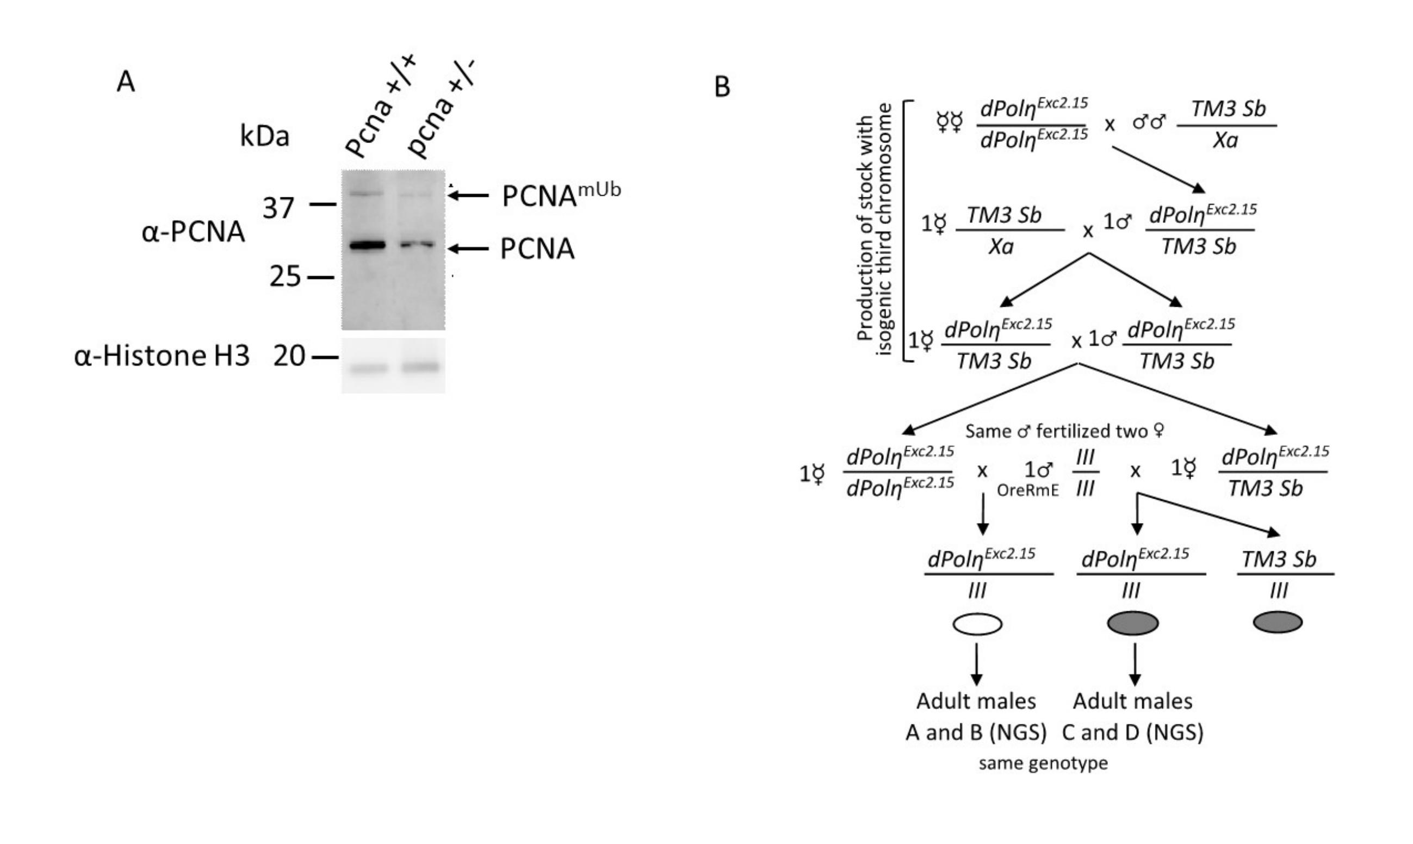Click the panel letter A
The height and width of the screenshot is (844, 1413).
[126, 82]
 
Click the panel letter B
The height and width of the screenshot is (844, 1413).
[722, 87]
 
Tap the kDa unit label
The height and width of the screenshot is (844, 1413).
[264, 136]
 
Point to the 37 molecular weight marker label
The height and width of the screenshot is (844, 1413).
[278, 208]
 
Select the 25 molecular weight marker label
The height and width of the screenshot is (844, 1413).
[285, 277]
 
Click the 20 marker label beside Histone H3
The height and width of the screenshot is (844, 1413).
[289, 357]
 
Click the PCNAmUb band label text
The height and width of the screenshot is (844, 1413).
[561, 196]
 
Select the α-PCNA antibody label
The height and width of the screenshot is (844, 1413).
[193, 232]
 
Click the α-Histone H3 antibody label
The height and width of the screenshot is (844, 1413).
[162, 356]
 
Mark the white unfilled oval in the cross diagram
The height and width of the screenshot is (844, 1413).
[977, 624]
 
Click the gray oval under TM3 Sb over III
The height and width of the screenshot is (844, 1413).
[1277, 622]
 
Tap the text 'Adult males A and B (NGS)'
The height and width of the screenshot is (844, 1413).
[976, 717]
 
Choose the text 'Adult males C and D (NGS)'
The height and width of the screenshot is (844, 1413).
[1133, 717]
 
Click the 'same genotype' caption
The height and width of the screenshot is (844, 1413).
[1043, 763]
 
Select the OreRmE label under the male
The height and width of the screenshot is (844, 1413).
[1027, 490]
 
